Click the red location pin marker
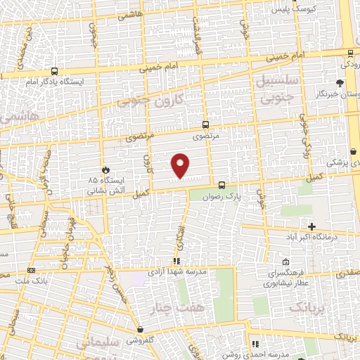click(181, 165)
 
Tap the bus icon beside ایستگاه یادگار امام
click(54, 71)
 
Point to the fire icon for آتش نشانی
click(105, 169)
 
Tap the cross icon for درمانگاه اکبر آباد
click(311, 226)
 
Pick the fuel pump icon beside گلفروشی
click(142, 329)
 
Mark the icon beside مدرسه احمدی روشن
click(256, 344)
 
